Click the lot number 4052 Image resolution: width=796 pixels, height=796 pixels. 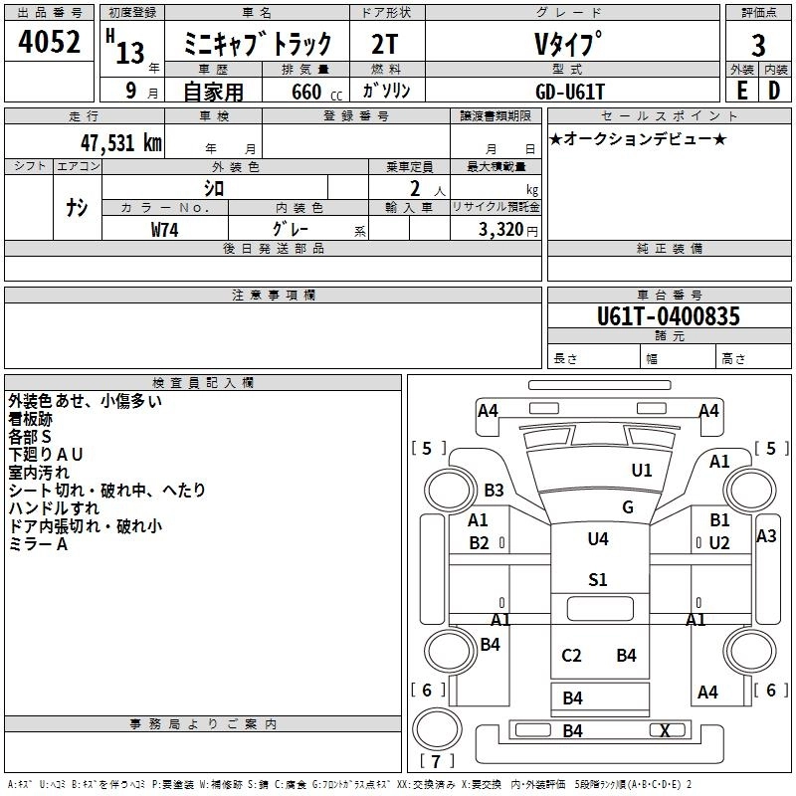tap(50, 42)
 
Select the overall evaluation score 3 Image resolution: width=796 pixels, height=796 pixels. tap(758, 45)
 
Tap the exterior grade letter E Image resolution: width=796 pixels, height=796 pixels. tap(741, 90)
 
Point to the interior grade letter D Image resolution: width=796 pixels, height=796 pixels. tap(774, 90)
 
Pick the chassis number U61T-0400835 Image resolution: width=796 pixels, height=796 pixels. tap(669, 316)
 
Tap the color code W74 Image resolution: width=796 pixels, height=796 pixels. tap(165, 229)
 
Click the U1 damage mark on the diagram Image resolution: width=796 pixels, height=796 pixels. tap(642, 470)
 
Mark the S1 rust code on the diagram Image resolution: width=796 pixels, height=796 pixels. tap(598, 579)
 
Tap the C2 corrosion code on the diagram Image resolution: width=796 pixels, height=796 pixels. tap(571, 655)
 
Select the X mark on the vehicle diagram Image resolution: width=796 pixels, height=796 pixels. tap(665, 730)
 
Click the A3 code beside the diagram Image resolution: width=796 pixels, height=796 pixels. tap(766, 535)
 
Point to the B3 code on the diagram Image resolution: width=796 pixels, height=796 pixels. tap(494, 490)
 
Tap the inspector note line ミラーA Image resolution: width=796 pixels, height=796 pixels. tap(38, 544)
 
